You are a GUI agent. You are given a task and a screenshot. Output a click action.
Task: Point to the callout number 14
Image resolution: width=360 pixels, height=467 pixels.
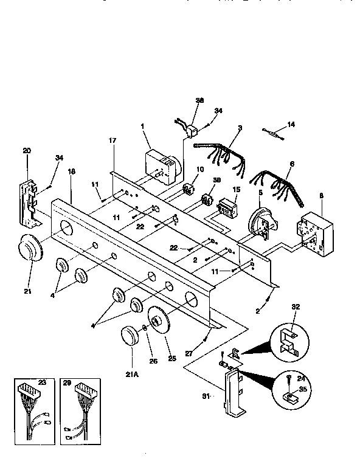[291, 124]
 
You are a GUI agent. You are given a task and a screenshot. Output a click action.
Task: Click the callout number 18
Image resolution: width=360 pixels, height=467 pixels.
[72, 172]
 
